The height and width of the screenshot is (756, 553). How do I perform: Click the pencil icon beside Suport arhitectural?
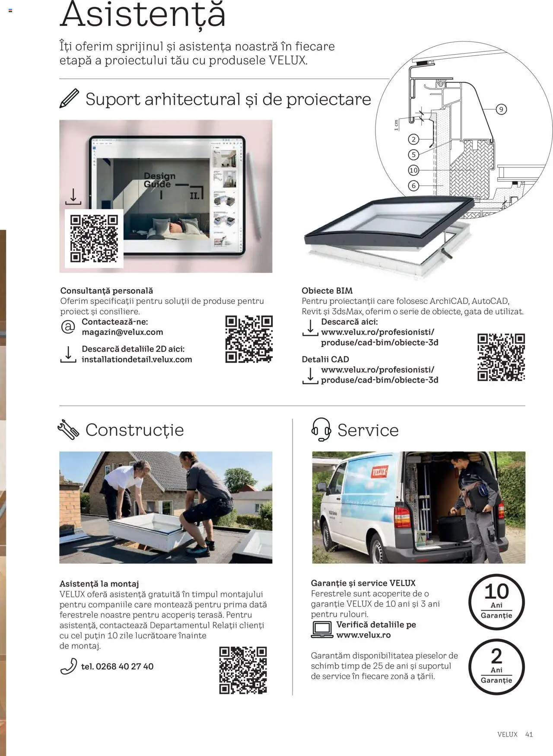click(69, 99)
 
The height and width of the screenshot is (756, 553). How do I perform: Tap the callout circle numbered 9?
click(501, 109)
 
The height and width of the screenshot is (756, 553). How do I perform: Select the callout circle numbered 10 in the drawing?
click(413, 170)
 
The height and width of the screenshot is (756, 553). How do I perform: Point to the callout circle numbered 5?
click(413, 154)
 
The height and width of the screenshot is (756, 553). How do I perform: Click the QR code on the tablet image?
click(94, 239)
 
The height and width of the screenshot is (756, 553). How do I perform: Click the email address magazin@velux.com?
click(122, 332)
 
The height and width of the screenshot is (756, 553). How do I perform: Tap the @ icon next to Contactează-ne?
click(68, 327)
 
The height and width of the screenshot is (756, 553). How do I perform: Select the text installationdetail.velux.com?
click(137, 360)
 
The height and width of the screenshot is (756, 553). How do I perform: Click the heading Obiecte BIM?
click(327, 291)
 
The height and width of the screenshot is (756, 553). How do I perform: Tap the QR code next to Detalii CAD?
click(501, 357)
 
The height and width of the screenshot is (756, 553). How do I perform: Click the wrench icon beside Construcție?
click(68, 430)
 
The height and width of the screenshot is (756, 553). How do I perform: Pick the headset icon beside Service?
click(321, 429)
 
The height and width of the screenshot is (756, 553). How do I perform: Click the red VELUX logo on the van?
click(379, 472)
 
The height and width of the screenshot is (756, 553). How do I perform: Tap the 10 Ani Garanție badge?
click(496, 602)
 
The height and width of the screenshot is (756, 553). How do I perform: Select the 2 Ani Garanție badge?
click(496, 667)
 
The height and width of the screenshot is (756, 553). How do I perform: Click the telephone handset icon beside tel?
click(68, 667)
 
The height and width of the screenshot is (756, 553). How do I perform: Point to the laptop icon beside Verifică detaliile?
click(322, 630)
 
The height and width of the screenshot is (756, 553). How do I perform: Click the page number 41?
click(529, 734)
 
